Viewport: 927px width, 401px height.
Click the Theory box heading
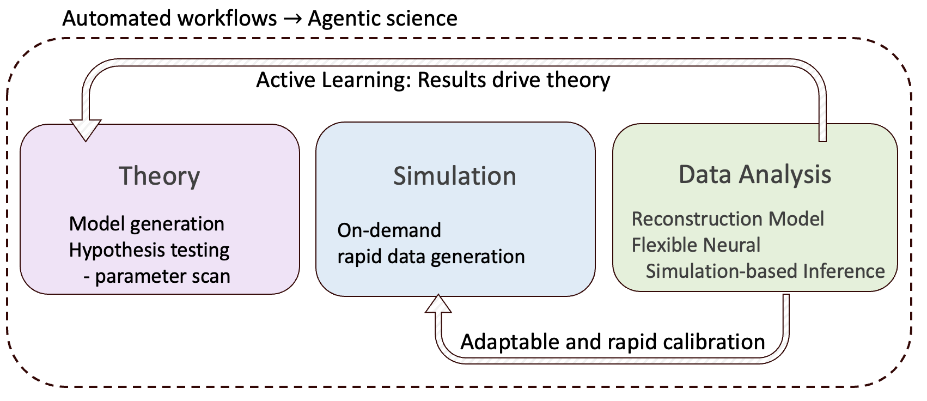pos(159,177)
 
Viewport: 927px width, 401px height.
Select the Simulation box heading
pos(454,177)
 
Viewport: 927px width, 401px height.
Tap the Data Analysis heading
pos(754,175)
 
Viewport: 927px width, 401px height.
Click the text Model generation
pos(147,224)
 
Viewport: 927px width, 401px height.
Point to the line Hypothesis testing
pos(149,250)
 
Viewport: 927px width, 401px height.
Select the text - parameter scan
pos(157,276)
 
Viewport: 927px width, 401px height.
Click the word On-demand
pos(389,230)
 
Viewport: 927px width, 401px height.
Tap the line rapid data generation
pos(431,257)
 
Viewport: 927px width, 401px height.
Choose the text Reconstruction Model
pos(727,219)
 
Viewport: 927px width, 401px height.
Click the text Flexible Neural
pos(696,245)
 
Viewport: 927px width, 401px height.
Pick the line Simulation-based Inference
pos(765,271)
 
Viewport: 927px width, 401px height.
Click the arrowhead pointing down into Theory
pos(86,130)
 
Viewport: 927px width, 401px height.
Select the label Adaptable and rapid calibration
pos(613,342)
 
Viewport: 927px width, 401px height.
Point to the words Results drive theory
pos(514,80)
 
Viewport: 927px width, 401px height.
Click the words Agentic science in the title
pos(382,19)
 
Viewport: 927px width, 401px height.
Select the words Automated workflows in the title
pos(169,19)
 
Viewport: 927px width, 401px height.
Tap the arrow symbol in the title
pos(292,19)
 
